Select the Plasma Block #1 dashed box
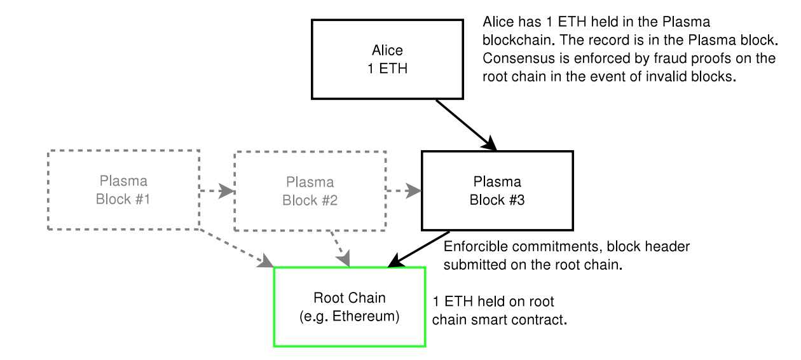click(x=123, y=190)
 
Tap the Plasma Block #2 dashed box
click(x=310, y=191)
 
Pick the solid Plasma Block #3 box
click(x=496, y=190)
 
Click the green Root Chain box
click(x=349, y=307)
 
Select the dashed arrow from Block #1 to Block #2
click(x=217, y=190)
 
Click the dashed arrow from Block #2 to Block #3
click(x=404, y=190)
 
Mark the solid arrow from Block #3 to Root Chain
click(x=420, y=249)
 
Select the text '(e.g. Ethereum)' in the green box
click(x=349, y=316)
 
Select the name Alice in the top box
click(x=387, y=50)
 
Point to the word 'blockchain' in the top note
click(x=517, y=39)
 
